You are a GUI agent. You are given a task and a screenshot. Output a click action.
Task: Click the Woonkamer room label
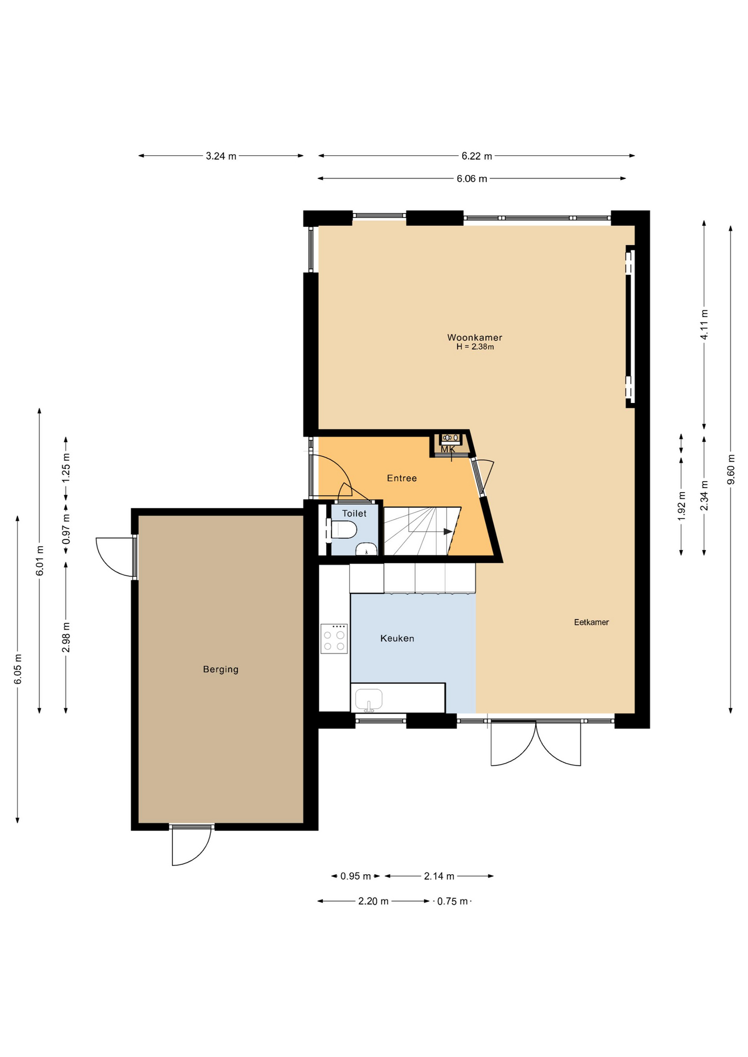click(x=474, y=337)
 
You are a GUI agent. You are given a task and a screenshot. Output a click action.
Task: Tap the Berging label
click(x=221, y=669)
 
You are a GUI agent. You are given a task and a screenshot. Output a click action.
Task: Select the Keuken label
click(x=397, y=638)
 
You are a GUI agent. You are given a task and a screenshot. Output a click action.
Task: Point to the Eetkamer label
click(x=591, y=622)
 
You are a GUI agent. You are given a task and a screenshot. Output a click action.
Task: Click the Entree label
click(x=402, y=478)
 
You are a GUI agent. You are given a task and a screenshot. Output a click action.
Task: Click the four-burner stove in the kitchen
click(x=334, y=639)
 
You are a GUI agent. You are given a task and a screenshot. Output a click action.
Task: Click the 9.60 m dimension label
click(x=731, y=470)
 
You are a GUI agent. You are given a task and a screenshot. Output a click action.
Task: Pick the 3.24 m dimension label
click(x=221, y=156)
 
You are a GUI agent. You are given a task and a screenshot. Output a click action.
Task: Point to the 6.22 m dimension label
click(x=476, y=156)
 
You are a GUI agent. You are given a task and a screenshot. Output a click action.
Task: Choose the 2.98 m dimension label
click(x=66, y=638)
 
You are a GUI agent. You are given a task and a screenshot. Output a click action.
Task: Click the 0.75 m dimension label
click(x=453, y=901)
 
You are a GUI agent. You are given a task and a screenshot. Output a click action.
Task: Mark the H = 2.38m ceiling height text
click(x=475, y=347)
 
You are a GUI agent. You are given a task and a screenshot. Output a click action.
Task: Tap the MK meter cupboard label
click(x=448, y=449)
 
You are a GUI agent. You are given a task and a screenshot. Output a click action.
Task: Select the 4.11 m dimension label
click(x=704, y=325)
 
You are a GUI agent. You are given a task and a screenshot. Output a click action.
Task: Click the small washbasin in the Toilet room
click(x=366, y=549)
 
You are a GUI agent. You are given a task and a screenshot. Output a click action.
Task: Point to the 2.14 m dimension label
click(x=439, y=876)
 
